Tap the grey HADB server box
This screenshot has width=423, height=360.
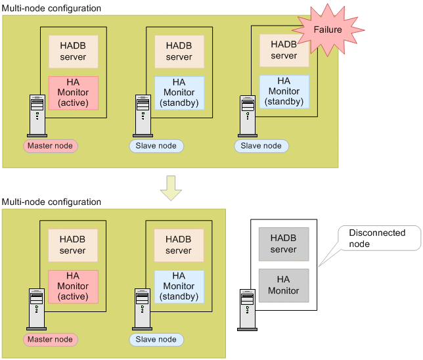[x=284, y=244]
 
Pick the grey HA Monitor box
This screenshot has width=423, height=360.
[x=284, y=285]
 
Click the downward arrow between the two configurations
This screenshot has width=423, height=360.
[x=171, y=187]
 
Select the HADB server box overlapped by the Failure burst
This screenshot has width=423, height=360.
[x=284, y=51]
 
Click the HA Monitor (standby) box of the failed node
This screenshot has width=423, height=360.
[x=284, y=91]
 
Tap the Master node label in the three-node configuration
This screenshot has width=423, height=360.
[x=51, y=145]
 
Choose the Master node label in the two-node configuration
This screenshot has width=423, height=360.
[x=51, y=339]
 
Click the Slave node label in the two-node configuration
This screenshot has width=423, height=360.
[x=156, y=339]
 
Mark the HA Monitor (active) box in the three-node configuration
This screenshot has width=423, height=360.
[x=73, y=93]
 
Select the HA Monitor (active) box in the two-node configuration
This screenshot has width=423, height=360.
[x=73, y=286]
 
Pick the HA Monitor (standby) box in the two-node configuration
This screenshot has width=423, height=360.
[x=179, y=286]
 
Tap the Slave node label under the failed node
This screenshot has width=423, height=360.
[x=261, y=145]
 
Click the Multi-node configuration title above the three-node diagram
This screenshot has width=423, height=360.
[x=52, y=9]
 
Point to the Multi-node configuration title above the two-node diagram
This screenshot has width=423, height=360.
[x=52, y=202]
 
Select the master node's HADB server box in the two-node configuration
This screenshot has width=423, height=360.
[x=73, y=245]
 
